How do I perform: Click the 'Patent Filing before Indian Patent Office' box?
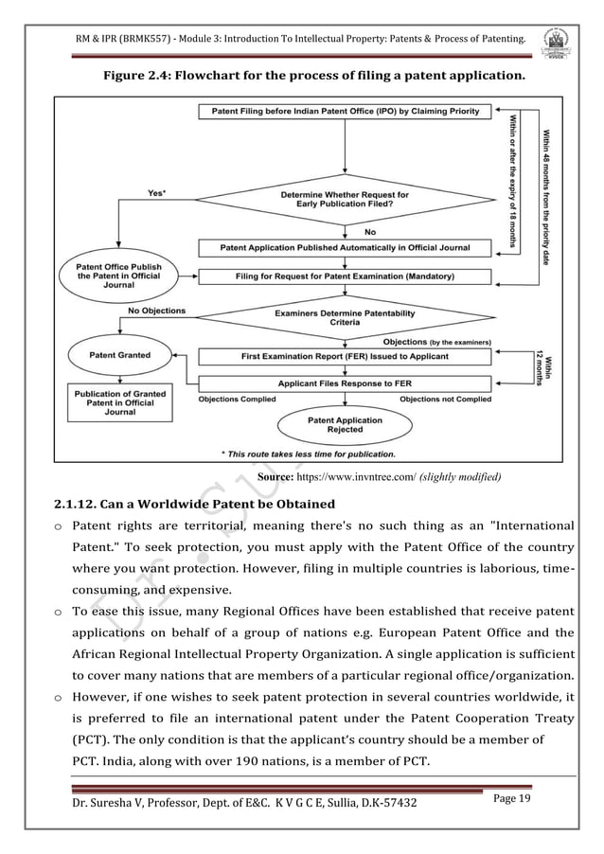(344, 112)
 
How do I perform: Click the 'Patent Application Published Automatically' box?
(344, 248)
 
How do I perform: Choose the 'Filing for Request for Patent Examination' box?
(344, 276)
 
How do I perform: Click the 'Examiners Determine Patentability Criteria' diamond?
(345, 317)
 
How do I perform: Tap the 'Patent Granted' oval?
(119, 356)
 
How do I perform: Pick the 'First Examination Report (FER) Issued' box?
(344, 357)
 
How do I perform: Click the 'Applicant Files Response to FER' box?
(344, 384)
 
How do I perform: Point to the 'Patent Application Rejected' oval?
(345, 425)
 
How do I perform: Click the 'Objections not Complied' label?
(445, 400)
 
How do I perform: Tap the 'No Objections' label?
(154, 311)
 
